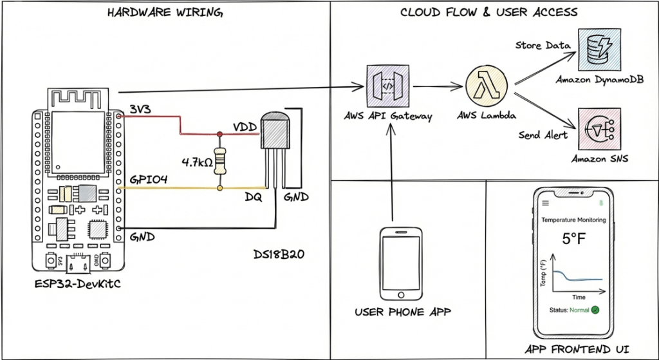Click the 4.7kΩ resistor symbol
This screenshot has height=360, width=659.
[x=221, y=161]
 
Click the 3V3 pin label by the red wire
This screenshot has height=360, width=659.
[x=140, y=109]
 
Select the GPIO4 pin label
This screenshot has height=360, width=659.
[x=149, y=180]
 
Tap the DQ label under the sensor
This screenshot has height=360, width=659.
[x=253, y=198]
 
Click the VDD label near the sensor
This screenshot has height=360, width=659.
[x=245, y=126]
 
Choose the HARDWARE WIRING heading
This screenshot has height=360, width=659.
[x=166, y=12]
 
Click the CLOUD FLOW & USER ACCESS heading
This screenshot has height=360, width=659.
[x=489, y=12]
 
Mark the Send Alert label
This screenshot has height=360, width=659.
[x=543, y=135]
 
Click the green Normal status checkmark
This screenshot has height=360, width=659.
[x=595, y=310]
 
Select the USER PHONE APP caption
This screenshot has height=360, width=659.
[x=402, y=312]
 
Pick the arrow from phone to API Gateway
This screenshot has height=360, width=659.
[x=393, y=174]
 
